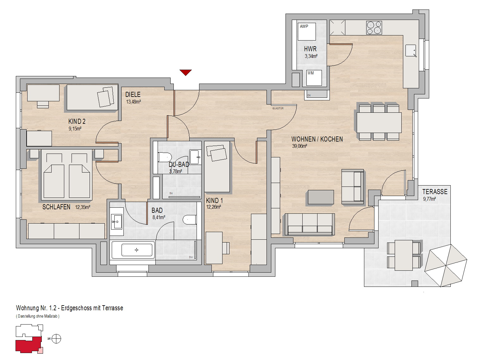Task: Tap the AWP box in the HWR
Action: point(307,32)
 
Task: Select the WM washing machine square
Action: point(314,78)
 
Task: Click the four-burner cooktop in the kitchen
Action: point(374,28)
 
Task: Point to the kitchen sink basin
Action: point(411,50)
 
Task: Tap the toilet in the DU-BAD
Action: point(165,157)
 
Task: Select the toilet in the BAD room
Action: point(190,220)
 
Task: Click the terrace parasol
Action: point(446,266)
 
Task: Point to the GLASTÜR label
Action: point(278,108)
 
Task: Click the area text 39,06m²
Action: point(299,146)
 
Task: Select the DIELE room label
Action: point(133,95)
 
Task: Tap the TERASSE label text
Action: point(435,192)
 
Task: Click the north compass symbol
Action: point(56,339)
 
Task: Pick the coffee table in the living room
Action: point(321,197)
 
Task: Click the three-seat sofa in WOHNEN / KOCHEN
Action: point(310,224)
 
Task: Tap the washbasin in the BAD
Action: point(116,222)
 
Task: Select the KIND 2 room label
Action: point(77,121)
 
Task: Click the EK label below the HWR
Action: point(309,95)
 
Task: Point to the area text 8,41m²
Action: point(159,217)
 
